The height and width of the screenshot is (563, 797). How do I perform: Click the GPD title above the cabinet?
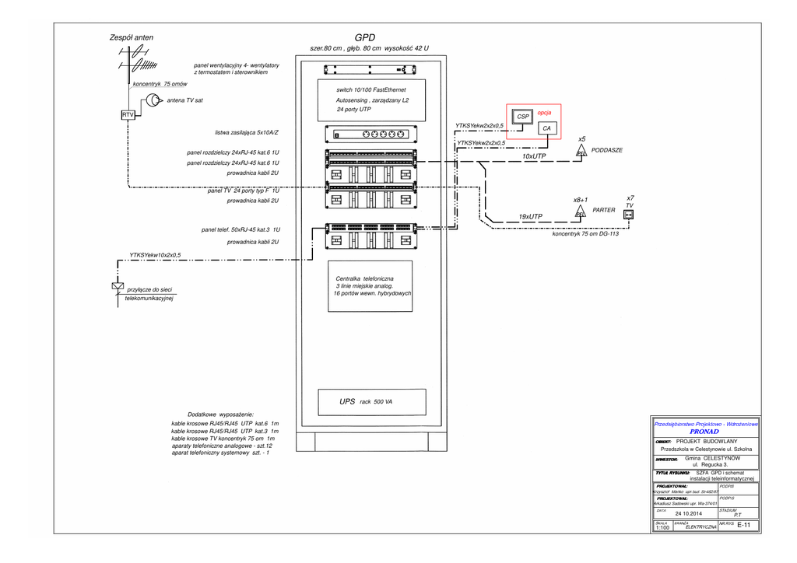(x=364, y=37)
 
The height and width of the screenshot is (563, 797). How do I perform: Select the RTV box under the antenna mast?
(x=128, y=115)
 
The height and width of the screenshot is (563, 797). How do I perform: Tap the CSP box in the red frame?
(x=523, y=117)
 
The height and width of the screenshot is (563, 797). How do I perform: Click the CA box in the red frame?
(x=547, y=128)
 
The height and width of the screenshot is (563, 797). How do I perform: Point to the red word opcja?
(x=544, y=113)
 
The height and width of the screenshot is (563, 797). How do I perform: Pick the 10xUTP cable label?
(x=534, y=156)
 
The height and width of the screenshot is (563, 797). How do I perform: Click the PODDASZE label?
(x=607, y=149)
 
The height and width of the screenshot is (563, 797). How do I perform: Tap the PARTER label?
(x=604, y=210)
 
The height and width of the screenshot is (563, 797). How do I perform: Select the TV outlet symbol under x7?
(x=629, y=215)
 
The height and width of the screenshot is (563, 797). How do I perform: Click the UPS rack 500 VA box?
(x=371, y=402)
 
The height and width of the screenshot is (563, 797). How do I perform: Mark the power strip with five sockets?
(x=371, y=134)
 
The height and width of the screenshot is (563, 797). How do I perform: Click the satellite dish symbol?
(x=152, y=100)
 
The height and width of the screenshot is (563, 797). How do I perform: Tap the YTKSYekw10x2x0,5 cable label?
(x=155, y=254)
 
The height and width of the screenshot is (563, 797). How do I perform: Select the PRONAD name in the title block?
(x=704, y=431)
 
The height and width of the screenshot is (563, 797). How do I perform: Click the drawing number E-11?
(x=743, y=526)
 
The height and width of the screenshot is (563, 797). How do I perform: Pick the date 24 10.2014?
(x=688, y=513)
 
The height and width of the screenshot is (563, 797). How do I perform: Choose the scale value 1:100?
(x=662, y=528)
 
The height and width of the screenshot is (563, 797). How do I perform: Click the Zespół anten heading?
(x=132, y=37)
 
